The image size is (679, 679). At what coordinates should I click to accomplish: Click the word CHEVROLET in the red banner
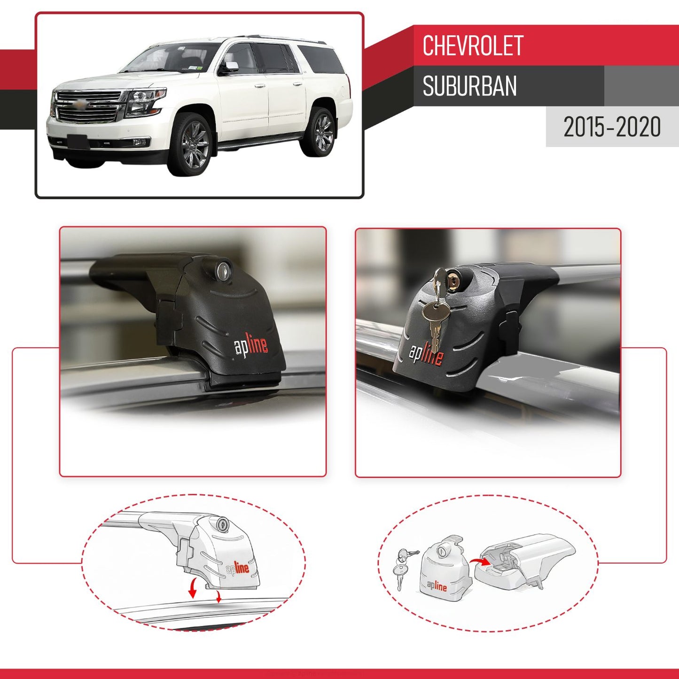click(x=472, y=46)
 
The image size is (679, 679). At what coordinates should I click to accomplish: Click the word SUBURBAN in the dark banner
click(x=469, y=86)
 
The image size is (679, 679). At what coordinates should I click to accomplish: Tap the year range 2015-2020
click(x=612, y=127)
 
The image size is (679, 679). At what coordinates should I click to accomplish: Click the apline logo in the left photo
click(x=251, y=346)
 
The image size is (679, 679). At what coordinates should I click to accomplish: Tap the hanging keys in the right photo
click(x=436, y=310)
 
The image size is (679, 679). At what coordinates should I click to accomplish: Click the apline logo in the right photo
click(x=426, y=354)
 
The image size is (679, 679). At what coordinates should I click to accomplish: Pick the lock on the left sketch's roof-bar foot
click(x=223, y=524)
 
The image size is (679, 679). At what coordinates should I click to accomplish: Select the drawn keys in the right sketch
click(x=402, y=566)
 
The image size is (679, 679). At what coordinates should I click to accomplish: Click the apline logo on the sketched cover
click(x=437, y=585)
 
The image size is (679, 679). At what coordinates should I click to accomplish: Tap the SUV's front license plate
click(x=77, y=140)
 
